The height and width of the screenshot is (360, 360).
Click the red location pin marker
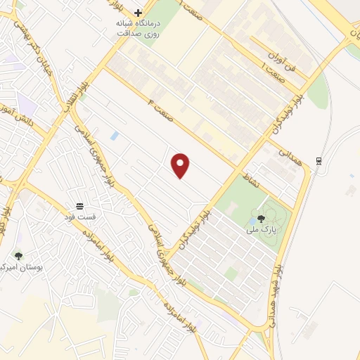pos(181,165)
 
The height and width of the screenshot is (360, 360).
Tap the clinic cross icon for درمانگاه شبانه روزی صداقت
pos(139,13)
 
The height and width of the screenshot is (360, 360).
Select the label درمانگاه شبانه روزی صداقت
pos(139,27)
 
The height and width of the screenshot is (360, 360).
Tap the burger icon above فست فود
pos(80,206)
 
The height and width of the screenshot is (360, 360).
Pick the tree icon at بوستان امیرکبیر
pos(18,256)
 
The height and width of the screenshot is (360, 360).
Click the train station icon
pos(319,160)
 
